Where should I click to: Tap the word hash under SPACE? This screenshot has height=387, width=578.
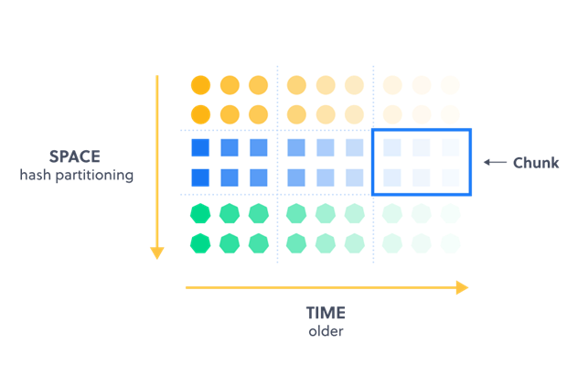[x=35, y=175]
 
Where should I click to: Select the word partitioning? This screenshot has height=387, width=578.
[x=92, y=175]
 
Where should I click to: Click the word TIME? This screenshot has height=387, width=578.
[x=326, y=312]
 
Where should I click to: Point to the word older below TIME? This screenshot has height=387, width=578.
[x=326, y=330]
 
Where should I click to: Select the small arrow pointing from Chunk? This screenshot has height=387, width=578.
[x=495, y=163]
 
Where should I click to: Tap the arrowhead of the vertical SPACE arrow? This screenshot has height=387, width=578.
[x=157, y=251]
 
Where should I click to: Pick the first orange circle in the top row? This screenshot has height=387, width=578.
[x=201, y=85]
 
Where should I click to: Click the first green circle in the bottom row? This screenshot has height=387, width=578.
[x=201, y=244]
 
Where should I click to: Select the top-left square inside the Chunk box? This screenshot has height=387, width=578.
[x=393, y=147]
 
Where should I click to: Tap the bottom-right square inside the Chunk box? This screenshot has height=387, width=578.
[x=450, y=177]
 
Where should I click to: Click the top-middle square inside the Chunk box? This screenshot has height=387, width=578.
[x=422, y=147]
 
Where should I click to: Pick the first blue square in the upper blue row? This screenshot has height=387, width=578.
[x=201, y=147]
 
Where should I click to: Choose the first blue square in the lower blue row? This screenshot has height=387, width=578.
[x=201, y=177]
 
